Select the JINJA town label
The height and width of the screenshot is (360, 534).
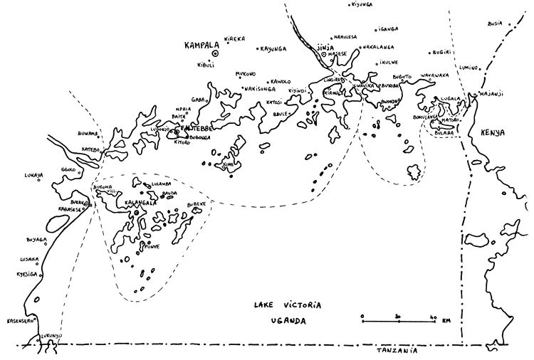click(x=323, y=46)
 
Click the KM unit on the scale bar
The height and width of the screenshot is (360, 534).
click(x=446, y=322)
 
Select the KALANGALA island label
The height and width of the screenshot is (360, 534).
click(x=140, y=202)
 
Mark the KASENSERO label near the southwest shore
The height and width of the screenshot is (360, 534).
click(x=22, y=322)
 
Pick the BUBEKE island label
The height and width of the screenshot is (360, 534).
click(x=196, y=203)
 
